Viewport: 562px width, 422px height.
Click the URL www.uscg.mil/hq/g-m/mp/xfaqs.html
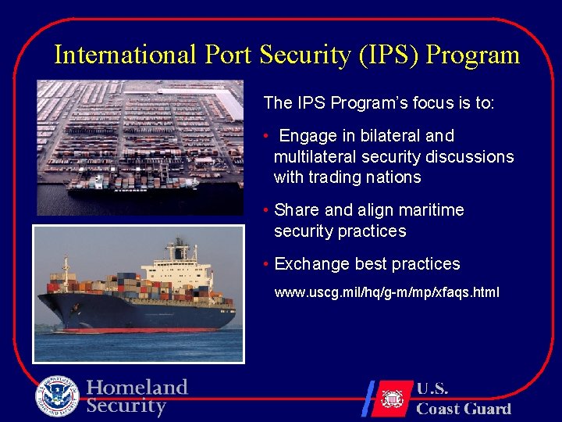(x=386, y=293)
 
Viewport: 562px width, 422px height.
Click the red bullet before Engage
(x=266, y=137)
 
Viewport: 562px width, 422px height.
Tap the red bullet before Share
(x=266, y=211)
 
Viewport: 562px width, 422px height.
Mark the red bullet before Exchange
(x=266, y=265)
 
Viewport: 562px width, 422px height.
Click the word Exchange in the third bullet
(x=311, y=264)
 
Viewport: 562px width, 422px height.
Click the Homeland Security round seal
(x=57, y=397)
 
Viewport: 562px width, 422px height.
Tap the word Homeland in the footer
(x=137, y=388)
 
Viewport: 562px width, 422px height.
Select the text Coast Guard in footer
(x=464, y=409)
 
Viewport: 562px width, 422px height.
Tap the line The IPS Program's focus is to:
(x=379, y=103)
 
